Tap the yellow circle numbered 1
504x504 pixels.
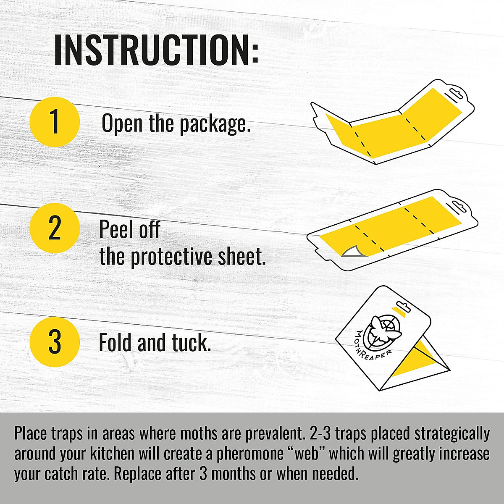(55, 121)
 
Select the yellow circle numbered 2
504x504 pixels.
(55, 228)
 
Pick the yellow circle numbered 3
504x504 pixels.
(55, 342)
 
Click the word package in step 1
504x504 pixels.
(215, 124)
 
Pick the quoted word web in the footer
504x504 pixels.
(304, 454)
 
